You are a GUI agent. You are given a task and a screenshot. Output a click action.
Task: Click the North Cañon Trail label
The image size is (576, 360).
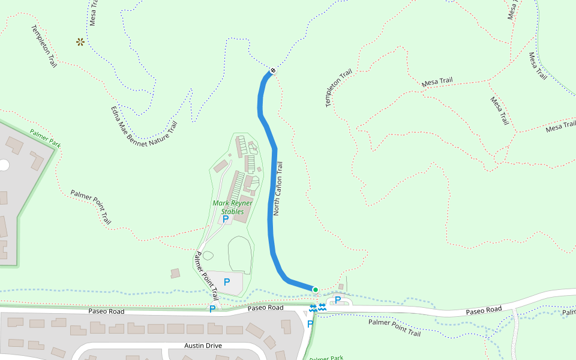277,189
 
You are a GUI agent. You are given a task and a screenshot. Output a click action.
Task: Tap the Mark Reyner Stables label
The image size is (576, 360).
232,207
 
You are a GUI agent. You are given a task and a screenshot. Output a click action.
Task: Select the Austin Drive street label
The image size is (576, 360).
203,346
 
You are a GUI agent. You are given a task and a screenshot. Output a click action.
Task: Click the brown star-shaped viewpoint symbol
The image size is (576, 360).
80,41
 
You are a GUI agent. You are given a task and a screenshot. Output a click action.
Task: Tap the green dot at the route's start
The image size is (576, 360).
316,290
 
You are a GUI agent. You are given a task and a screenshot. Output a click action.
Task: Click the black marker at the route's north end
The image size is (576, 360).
273,70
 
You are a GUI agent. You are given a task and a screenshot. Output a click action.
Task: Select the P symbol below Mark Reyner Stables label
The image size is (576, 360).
226,220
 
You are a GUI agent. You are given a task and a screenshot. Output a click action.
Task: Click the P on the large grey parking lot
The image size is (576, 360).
227,281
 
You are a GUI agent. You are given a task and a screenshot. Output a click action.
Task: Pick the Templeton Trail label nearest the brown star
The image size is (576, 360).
44,46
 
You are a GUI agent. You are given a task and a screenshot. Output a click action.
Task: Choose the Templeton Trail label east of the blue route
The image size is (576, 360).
338,89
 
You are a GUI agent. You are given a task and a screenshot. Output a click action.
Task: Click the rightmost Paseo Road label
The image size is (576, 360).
484,310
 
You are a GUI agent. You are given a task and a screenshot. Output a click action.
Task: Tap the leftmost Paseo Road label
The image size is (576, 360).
106,311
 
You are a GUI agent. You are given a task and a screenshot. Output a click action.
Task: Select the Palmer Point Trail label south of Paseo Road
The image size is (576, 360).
394,327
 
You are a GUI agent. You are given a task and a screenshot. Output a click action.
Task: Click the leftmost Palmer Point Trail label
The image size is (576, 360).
91,207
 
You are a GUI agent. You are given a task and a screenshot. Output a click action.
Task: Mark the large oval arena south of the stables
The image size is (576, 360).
241,255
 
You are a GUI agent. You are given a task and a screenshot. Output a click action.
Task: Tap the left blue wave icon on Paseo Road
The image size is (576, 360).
313,307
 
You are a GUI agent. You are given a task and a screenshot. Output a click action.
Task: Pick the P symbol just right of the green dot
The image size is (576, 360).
338,299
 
